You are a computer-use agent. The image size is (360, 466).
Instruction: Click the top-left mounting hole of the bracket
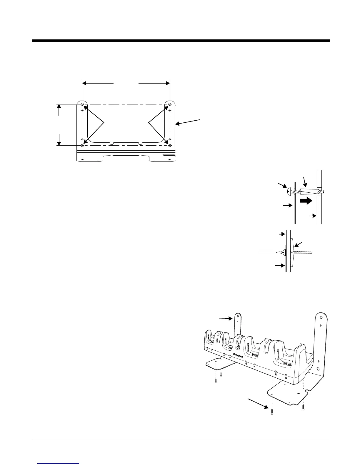[x=82, y=104]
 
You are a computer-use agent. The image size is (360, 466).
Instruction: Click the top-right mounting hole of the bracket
[x=170, y=104]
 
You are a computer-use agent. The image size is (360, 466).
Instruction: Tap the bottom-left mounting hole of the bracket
[x=82, y=145]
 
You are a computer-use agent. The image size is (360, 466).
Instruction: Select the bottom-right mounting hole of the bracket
[x=170, y=145]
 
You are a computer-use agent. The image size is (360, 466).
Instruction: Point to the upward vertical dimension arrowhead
[x=59, y=106]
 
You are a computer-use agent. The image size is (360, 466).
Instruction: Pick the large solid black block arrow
[x=306, y=201]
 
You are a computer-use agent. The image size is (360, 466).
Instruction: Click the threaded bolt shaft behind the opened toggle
[x=303, y=252]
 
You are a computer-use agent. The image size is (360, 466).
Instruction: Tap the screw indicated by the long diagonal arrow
[x=272, y=412]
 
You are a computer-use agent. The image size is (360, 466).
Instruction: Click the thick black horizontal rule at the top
[x=181, y=41]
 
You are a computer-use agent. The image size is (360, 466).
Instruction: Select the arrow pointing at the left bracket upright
[x=226, y=318]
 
